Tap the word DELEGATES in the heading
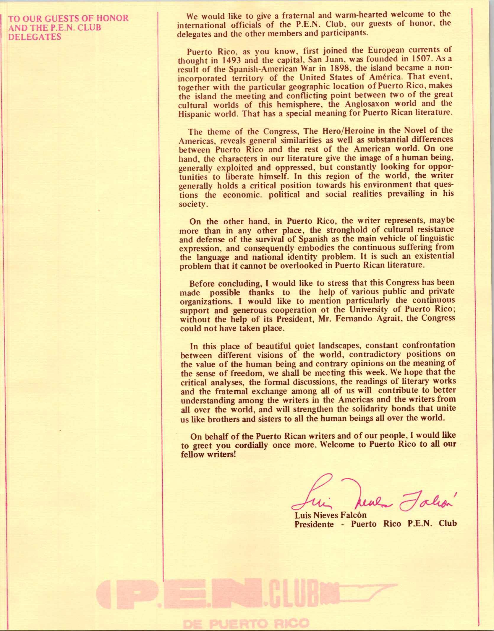pos(35,37)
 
